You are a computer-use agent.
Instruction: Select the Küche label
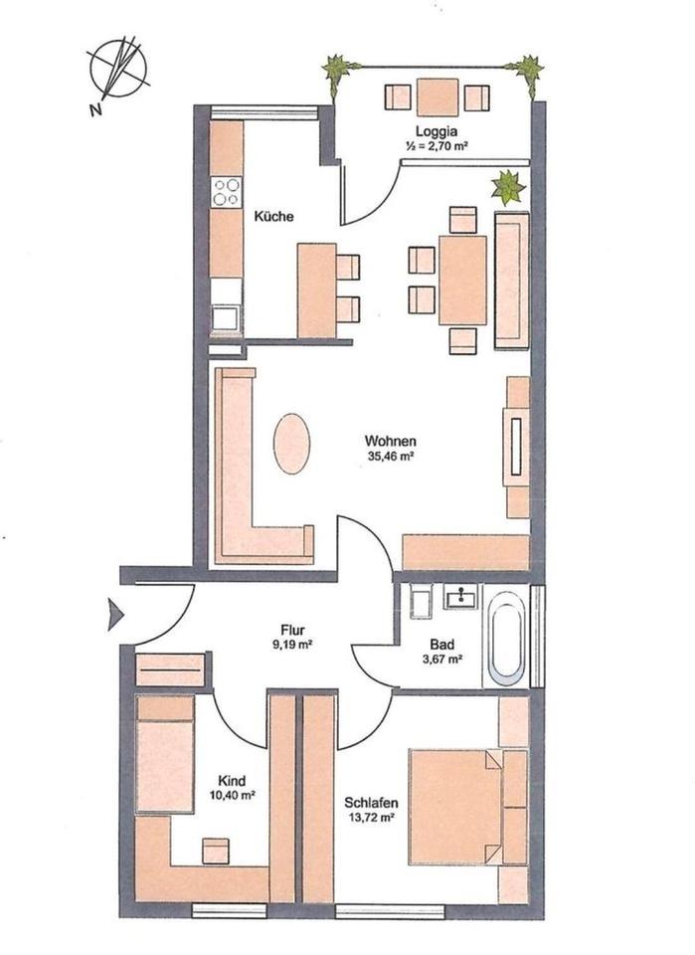point(273,217)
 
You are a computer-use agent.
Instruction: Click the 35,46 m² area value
point(390,458)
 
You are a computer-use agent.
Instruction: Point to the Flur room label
point(291,629)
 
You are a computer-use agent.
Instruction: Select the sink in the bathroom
point(461,598)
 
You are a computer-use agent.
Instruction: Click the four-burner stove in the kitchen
point(227,190)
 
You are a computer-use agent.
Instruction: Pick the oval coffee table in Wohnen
point(291,444)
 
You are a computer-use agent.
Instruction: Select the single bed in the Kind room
point(164,754)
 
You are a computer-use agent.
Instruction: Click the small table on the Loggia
point(437,96)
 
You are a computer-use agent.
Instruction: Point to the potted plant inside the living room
point(509,187)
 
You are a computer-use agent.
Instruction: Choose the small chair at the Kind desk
point(216,851)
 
